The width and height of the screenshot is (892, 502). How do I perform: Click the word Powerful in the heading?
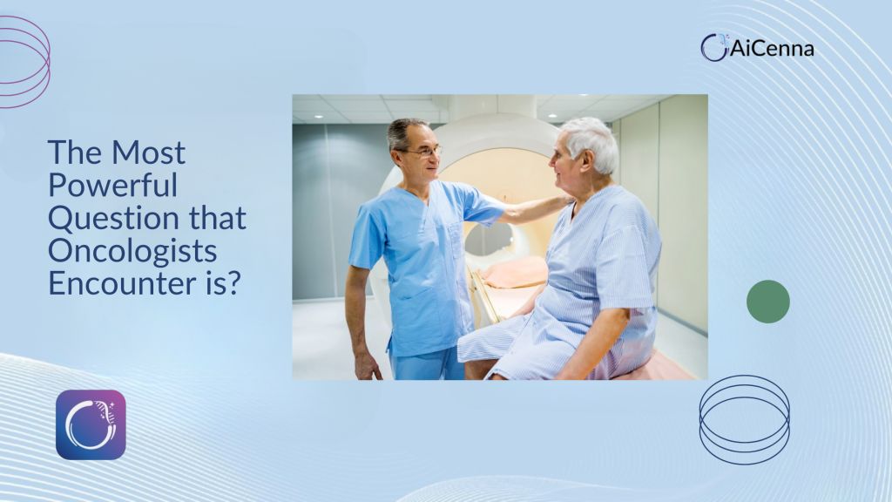point(112,186)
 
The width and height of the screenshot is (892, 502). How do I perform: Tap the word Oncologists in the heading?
point(132,252)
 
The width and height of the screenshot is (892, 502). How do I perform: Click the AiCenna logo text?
point(772,49)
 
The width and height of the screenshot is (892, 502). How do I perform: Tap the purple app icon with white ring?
point(91,424)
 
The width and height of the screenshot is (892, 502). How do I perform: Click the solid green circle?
point(768,302)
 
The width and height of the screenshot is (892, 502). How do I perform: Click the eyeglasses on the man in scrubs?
point(424,152)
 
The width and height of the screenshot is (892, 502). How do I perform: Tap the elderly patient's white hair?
point(591,141)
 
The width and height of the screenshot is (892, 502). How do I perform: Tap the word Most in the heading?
point(148,153)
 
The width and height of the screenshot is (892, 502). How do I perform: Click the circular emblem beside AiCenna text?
point(714,47)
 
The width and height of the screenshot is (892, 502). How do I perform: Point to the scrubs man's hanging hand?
point(367,365)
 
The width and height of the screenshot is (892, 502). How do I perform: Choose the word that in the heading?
point(218,218)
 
